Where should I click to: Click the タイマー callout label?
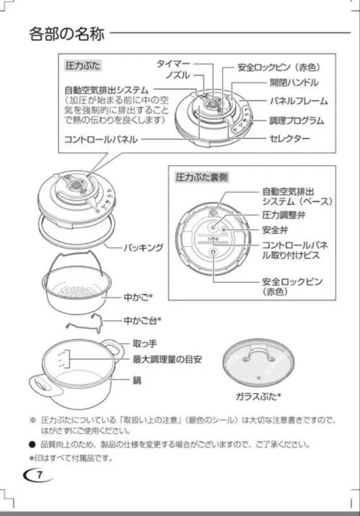[x=174, y=64]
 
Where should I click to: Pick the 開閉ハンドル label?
[x=294, y=83]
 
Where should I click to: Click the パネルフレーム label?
[x=298, y=101]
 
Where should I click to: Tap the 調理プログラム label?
[x=296, y=120]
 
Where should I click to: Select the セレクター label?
[x=290, y=139]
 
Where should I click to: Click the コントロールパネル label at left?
[x=101, y=140]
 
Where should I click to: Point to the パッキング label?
[x=144, y=247]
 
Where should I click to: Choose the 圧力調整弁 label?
[x=284, y=215]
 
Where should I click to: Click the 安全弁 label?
[x=275, y=230]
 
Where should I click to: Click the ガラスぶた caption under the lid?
[x=258, y=396]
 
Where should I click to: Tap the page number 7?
[x=40, y=475]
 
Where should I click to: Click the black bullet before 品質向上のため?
[x=33, y=444]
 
